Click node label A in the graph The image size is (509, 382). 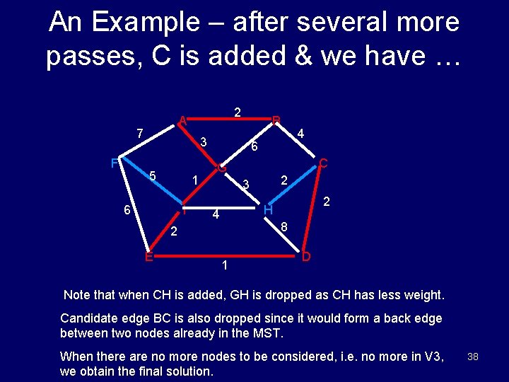pos(182,120)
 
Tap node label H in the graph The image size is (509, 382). pos(268,210)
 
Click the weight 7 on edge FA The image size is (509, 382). pos(140,133)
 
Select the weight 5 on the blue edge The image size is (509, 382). pos(152,176)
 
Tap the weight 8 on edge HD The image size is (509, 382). pos(284,228)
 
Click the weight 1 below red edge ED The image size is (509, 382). pos(224,266)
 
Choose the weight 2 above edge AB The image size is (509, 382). pos(238,112)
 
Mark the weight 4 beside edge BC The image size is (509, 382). pos(300,133)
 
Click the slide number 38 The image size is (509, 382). pos(473,357)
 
